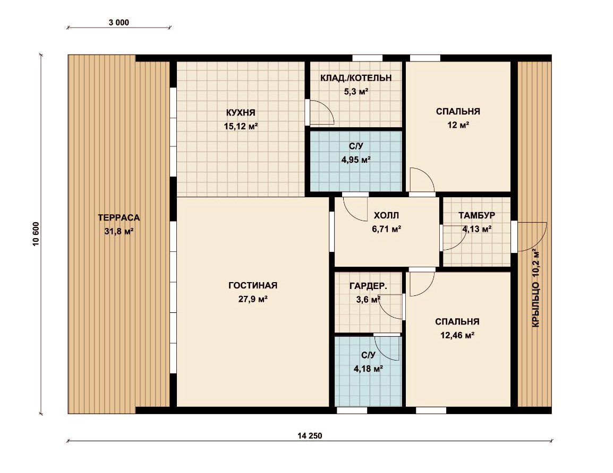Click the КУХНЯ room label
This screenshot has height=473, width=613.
tap(241, 113)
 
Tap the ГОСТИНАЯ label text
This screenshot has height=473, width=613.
tap(252, 286)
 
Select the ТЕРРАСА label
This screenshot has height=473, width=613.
tap(119, 218)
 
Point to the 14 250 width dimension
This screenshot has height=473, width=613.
tap(310, 436)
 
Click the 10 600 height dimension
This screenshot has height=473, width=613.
tap(36, 234)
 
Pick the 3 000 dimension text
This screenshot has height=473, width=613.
tap(119, 23)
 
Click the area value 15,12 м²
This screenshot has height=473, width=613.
tap(241, 126)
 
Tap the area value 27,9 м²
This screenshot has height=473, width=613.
tap(252, 299)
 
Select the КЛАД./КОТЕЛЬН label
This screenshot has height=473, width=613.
tap(356, 78)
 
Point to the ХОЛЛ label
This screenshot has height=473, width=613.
tap(386, 215)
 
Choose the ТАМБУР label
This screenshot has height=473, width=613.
tap(476, 215)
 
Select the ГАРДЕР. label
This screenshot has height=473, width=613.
tap(368, 286)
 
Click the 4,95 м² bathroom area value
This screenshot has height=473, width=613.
tap(356, 160)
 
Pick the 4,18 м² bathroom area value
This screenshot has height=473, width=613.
tap(368, 369)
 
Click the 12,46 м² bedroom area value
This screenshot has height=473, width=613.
tap(457, 335)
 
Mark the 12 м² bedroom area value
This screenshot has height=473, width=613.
tap(458, 125)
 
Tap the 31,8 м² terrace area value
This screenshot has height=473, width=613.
tap(119, 231)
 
